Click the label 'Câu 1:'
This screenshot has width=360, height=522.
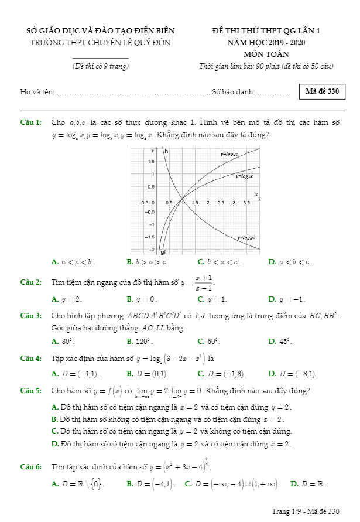(x=30, y=122)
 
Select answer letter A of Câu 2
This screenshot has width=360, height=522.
(x=54, y=299)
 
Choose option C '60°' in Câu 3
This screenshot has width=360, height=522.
(x=209, y=341)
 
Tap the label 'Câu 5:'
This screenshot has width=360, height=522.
(x=30, y=390)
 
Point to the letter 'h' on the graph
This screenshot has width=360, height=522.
(x=166, y=152)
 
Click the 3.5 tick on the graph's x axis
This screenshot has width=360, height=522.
(x=246, y=203)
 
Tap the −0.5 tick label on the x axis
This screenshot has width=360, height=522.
(x=143, y=203)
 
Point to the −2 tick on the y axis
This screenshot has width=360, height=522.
(x=151, y=249)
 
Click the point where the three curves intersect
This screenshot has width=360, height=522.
(x=182, y=198)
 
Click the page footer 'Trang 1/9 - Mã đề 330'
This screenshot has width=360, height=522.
(x=305, y=511)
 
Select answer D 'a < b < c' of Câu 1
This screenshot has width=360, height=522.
(x=290, y=262)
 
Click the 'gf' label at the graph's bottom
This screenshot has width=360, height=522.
(x=163, y=252)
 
